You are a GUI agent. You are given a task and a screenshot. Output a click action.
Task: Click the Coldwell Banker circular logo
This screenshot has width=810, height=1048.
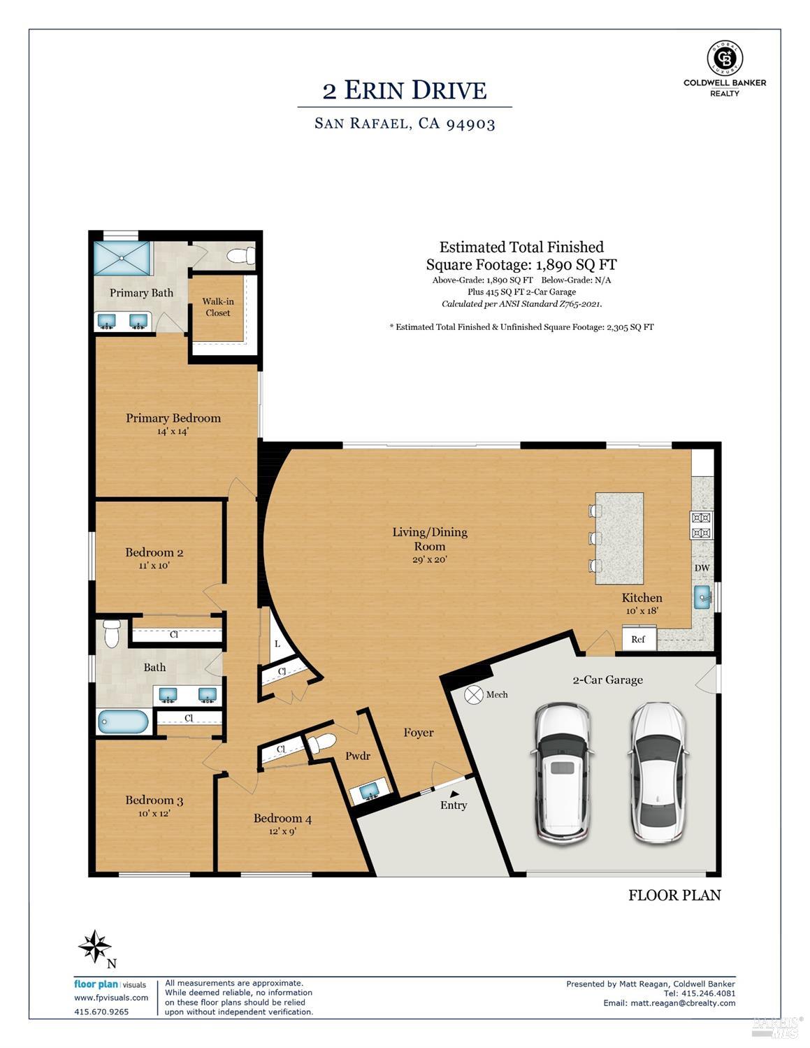(x=725, y=58)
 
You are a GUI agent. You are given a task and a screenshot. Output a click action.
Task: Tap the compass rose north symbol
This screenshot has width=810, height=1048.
(x=96, y=946)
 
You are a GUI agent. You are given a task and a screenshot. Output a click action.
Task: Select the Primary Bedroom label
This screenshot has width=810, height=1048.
(x=173, y=418)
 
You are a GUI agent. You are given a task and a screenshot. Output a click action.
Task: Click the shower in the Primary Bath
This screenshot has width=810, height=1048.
(x=122, y=258)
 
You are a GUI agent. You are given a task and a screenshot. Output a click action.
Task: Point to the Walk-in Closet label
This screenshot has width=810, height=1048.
(x=218, y=307)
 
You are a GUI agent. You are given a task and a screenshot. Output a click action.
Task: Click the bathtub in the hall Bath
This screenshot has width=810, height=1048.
(x=124, y=722)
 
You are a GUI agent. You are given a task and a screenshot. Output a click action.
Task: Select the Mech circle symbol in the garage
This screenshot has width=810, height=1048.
(x=473, y=694)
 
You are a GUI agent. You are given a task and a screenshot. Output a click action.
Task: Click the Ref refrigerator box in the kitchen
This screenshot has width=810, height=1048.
(x=639, y=638)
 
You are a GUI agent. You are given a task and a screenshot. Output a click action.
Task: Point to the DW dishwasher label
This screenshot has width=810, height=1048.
(x=702, y=568)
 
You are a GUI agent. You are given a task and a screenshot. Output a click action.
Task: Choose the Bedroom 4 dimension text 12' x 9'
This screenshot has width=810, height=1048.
(x=282, y=831)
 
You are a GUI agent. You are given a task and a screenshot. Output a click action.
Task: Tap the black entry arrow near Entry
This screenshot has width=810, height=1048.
(x=454, y=794)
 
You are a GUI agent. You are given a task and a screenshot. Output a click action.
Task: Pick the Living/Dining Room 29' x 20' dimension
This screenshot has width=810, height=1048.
(x=430, y=559)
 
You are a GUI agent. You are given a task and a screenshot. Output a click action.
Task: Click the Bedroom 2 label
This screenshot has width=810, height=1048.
(x=154, y=552)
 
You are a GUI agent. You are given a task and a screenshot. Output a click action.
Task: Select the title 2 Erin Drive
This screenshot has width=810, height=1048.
(x=405, y=90)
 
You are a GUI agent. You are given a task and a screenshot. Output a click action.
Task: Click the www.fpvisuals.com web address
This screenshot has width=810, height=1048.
(x=111, y=998)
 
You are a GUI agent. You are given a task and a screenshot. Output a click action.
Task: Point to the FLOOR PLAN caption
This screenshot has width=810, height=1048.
(x=674, y=895)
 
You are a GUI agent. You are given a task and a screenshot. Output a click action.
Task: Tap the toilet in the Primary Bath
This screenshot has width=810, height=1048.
(x=242, y=255)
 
